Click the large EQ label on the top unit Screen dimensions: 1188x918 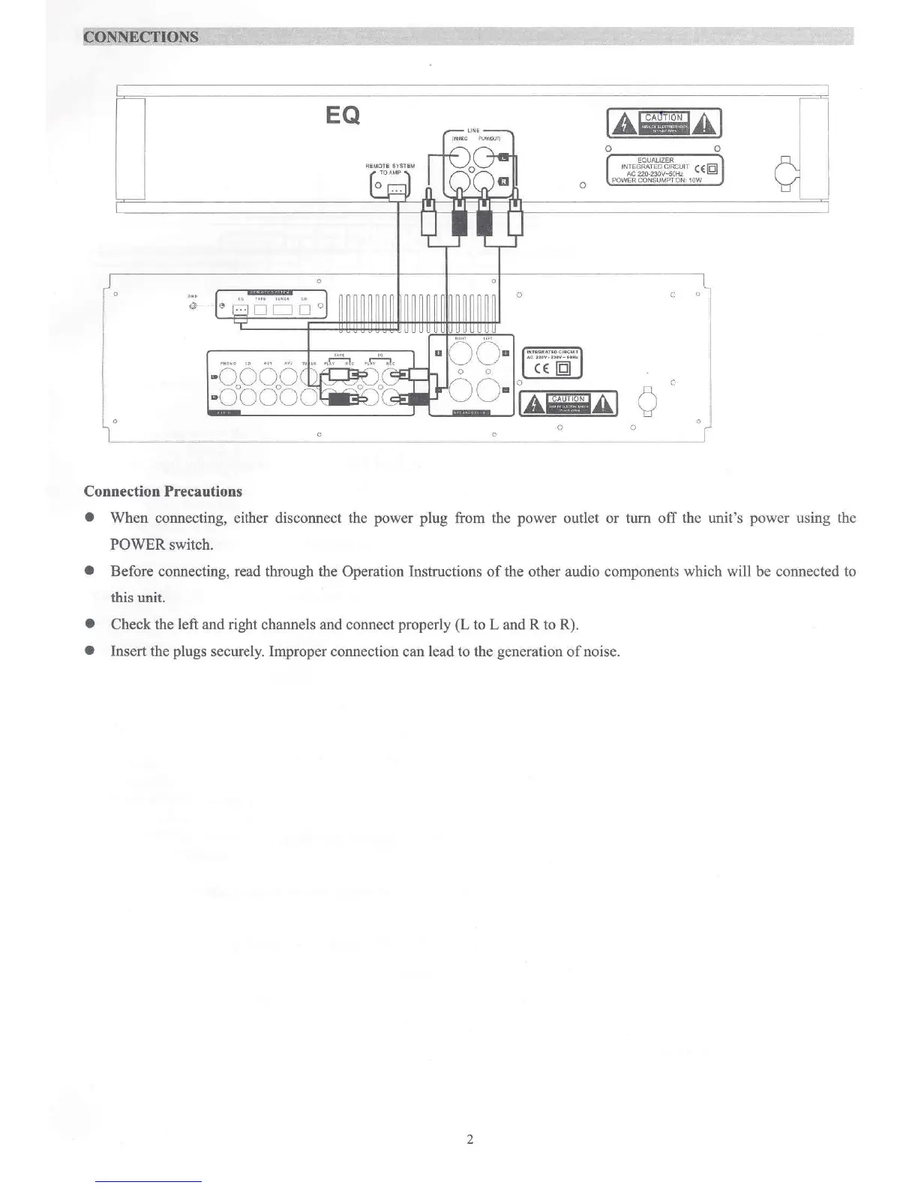(343, 115)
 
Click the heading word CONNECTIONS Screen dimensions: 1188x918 (141, 37)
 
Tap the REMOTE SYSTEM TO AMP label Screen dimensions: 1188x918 (390, 169)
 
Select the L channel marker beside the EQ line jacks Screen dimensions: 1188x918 (504, 157)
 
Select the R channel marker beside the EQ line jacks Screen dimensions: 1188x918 (504, 181)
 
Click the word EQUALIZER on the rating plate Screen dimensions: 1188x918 (655, 160)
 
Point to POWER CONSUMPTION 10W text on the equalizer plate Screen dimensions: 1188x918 (656, 180)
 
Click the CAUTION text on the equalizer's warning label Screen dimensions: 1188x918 (664, 117)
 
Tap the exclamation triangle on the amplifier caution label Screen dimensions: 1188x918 (604, 405)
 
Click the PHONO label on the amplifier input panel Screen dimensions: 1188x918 (228, 364)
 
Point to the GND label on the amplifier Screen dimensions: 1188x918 (192, 296)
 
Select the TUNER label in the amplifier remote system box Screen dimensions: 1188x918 (282, 298)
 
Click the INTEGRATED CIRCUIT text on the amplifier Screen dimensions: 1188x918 (551, 351)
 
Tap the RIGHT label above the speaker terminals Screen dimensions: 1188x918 (460, 338)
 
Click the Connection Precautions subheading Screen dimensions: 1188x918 (163, 491)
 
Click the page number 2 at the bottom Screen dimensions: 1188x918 (469, 1139)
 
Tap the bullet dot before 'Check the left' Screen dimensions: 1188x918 (90, 624)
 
